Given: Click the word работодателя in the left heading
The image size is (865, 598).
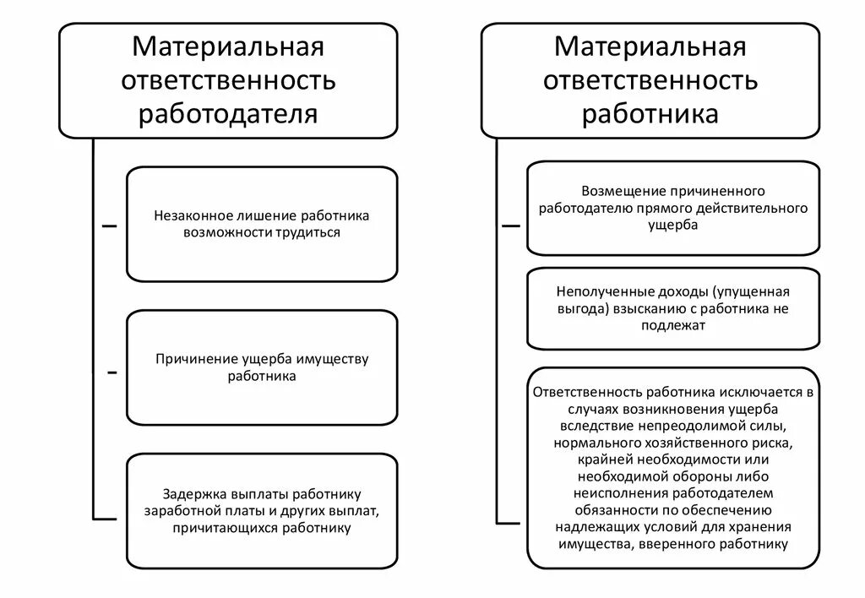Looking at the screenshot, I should [228, 113].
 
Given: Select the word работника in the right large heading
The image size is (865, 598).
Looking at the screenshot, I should [650, 113].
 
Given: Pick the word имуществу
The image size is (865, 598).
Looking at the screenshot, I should [332, 360].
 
